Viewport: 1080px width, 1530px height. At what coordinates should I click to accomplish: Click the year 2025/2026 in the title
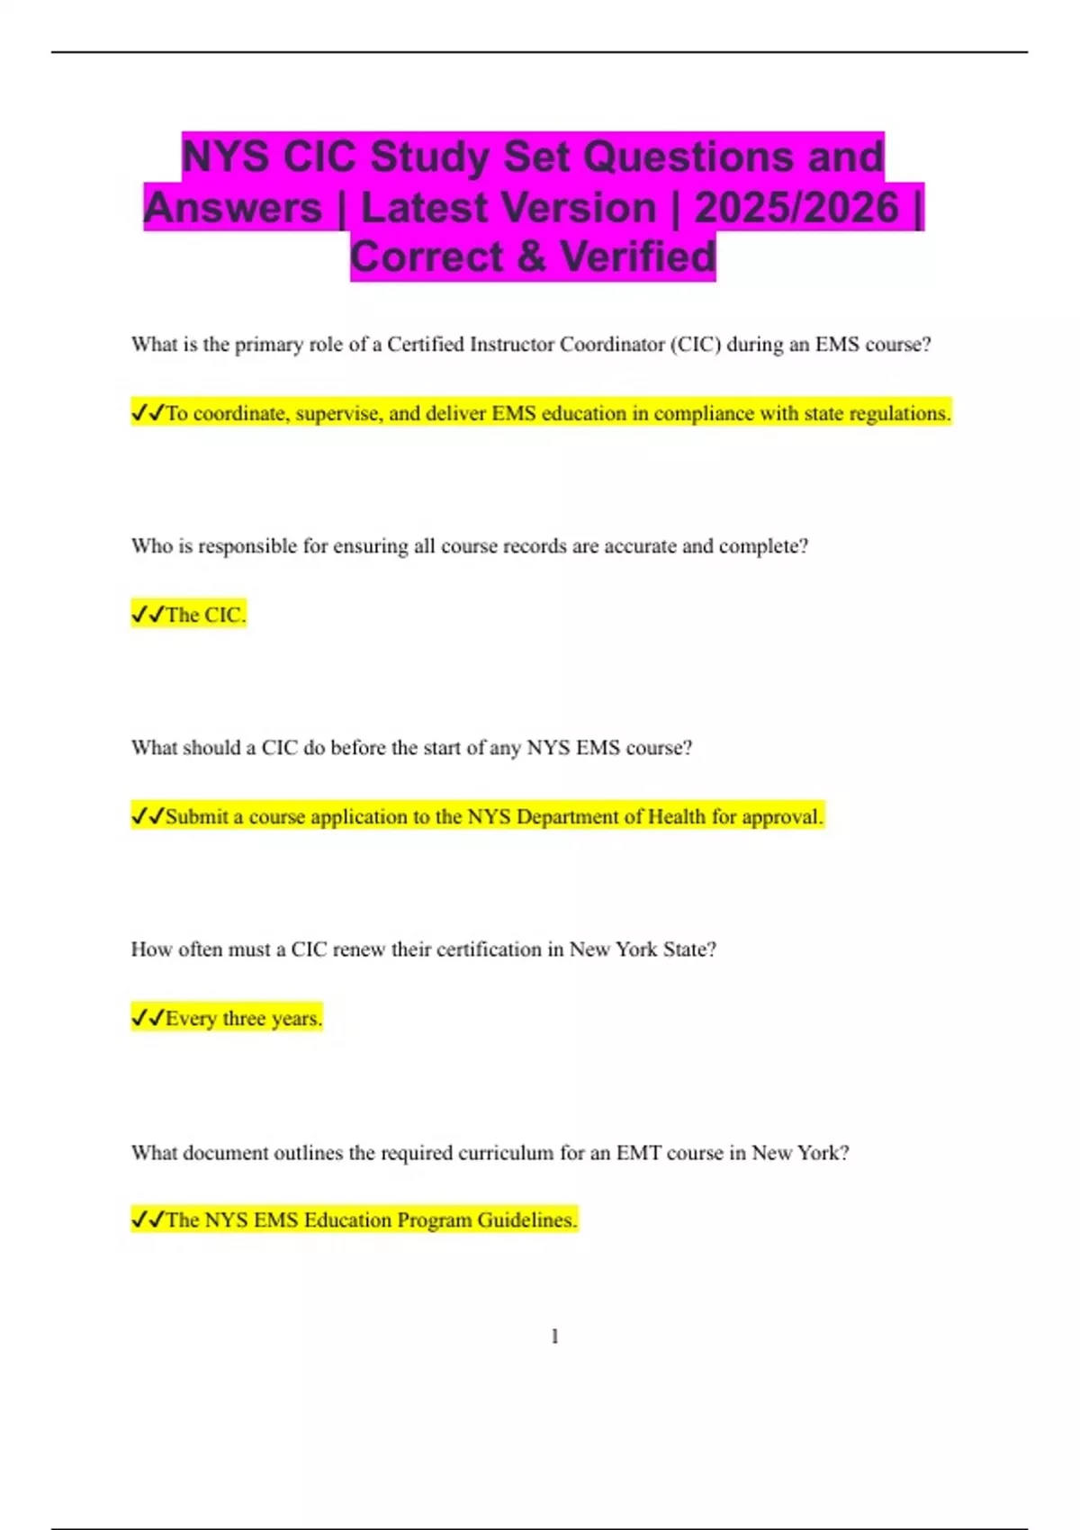coord(796,208)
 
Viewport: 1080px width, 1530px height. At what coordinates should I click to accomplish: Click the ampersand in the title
coord(531,257)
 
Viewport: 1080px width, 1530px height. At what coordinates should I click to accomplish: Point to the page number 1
coord(554,1336)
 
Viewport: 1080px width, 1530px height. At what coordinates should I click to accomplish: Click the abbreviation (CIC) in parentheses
coord(695,345)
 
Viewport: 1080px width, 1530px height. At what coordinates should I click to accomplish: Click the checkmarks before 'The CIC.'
coord(148,616)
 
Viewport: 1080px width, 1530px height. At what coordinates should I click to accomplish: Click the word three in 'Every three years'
coord(243,1019)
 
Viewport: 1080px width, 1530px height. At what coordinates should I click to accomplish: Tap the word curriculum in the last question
coord(506,1153)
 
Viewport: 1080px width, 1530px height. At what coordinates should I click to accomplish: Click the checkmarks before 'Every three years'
coord(148,1019)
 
